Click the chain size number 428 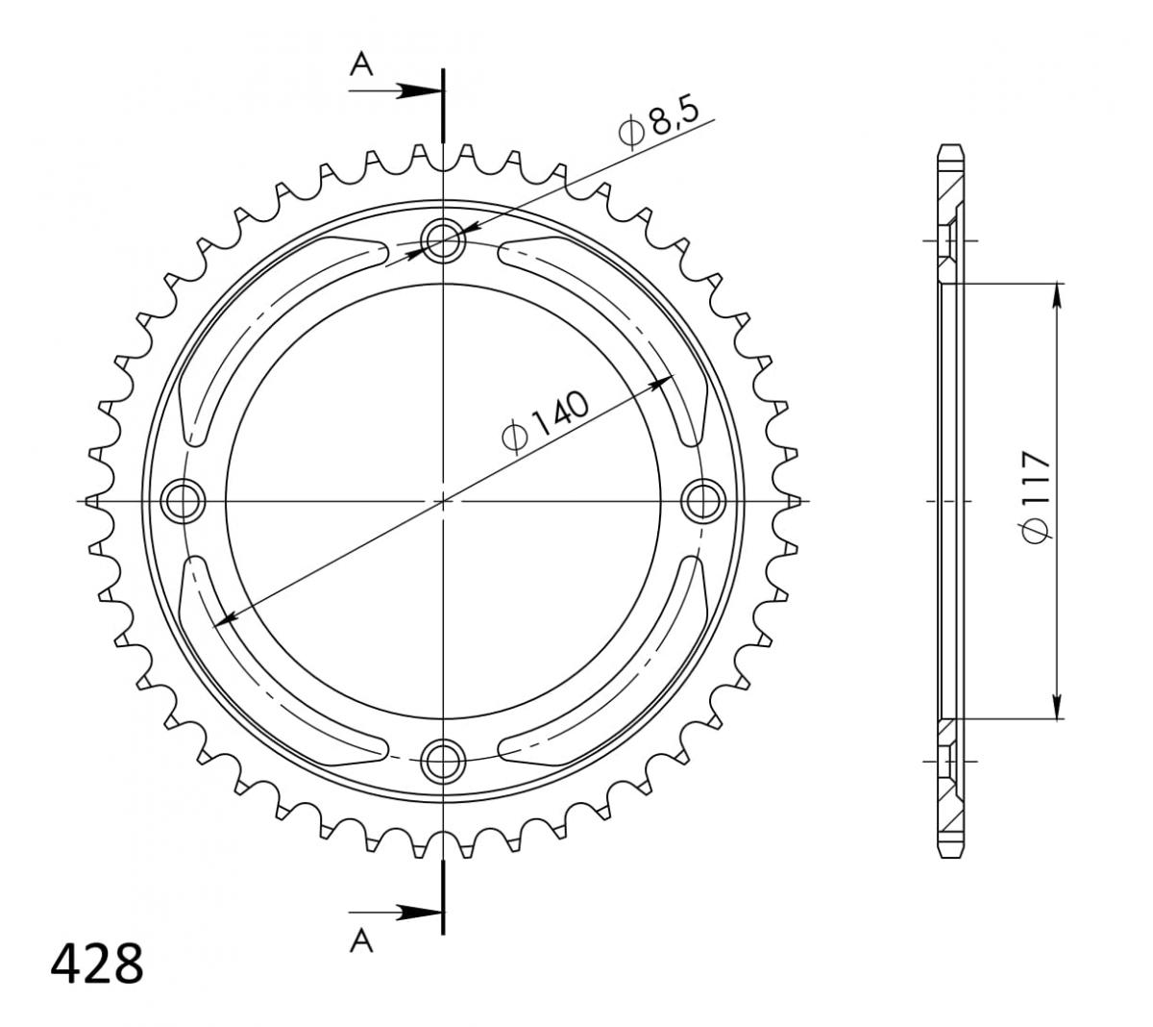[x=97, y=964]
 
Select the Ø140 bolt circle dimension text [x=545, y=422]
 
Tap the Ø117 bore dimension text [x=1035, y=496]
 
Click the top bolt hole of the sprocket [x=443, y=239]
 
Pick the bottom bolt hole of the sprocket [x=443, y=761]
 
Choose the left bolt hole [x=183, y=501]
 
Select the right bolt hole [x=703, y=501]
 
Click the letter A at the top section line [x=361, y=63]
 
